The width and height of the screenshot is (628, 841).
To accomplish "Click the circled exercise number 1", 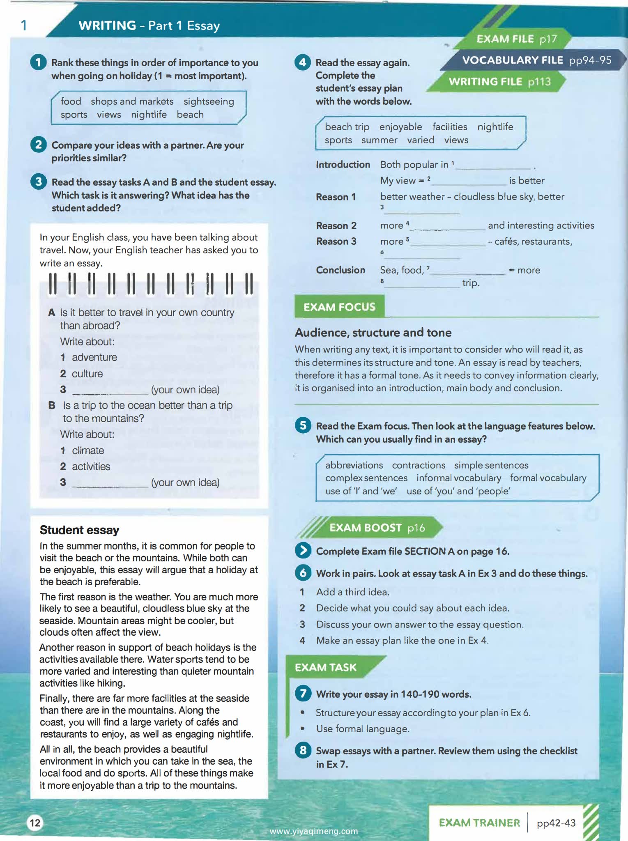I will coord(38,62).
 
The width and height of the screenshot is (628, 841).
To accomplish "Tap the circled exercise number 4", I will coord(303,62).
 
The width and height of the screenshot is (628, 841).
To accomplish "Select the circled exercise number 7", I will coord(303,694).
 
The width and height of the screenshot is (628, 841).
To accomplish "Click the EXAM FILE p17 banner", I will coord(516,39).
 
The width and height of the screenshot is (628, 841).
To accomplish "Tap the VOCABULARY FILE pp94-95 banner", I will coord(536,60).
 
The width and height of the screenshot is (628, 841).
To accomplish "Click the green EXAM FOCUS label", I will coord(339,307).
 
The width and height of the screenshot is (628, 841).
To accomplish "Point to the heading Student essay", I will coord(79,530).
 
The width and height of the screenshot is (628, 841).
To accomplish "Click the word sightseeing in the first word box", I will coord(209,101).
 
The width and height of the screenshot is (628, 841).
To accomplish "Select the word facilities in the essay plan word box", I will coord(449,127).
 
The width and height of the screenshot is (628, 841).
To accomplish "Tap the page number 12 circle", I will coord(35,823).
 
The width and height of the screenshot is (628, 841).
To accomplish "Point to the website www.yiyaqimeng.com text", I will coord(314,831).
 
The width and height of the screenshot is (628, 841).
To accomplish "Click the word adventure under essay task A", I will coord(94,358).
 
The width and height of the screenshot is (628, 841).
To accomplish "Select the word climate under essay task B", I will coord(88,450).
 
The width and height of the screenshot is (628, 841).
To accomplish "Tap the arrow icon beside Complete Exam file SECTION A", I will coord(303,551).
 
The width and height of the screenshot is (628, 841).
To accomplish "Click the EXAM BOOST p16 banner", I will coord(377,528).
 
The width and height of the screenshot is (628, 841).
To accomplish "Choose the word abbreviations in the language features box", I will coord(354,465).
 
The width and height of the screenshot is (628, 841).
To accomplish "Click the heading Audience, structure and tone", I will coord(373,333).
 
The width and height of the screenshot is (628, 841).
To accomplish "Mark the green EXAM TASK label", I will coord(325,667).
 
